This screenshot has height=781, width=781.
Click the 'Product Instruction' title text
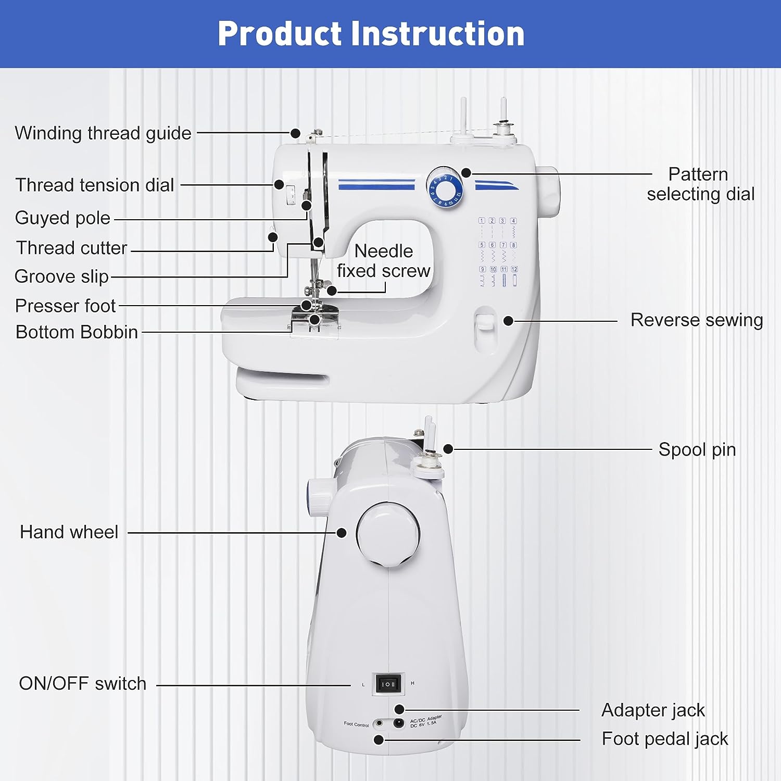coord(371,34)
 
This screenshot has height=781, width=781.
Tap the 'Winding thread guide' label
coord(103,133)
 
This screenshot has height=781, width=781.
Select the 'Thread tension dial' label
coord(95,185)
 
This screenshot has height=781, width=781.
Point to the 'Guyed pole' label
coord(62,218)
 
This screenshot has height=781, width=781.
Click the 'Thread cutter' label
coord(71,248)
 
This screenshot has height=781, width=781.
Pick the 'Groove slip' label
coord(61,276)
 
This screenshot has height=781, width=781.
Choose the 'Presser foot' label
coord(65,306)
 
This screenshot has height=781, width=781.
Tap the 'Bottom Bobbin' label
coord(77,332)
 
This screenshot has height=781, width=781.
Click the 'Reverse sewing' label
coord(696,320)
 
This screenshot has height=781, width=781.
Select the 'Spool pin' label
coord(697,449)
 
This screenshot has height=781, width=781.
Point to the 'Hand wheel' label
coord(69,532)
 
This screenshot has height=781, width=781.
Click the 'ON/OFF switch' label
coord(82,684)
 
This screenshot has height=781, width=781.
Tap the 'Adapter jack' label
coord(653,710)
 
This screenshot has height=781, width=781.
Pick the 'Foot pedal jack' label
coord(664,739)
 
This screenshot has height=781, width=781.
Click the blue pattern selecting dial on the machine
coord(444,186)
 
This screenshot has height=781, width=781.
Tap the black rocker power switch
coord(389,684)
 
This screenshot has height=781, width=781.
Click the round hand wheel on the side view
coord(388,534)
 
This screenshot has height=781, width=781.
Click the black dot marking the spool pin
coord(448,449)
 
